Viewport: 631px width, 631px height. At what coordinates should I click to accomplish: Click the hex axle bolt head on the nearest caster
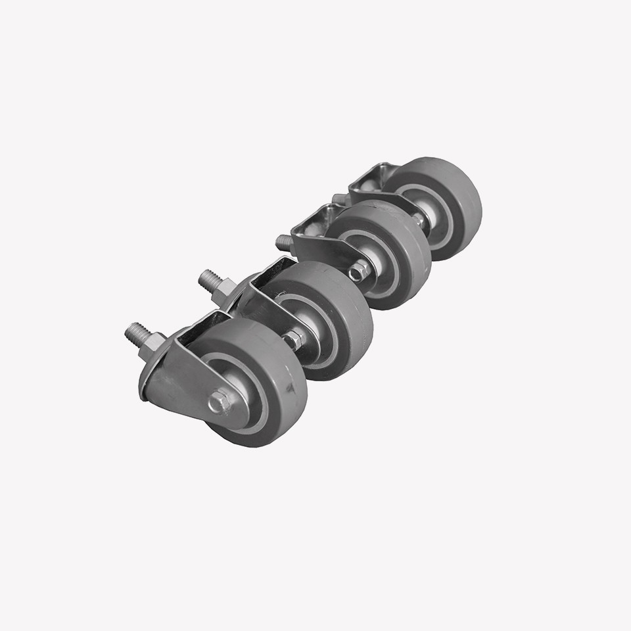[219, 402]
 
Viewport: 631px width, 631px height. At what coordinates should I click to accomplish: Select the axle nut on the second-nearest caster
[292, 340]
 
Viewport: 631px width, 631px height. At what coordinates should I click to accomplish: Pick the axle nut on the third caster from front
[359, 270]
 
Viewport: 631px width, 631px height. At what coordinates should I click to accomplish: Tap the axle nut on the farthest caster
[419, 220]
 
